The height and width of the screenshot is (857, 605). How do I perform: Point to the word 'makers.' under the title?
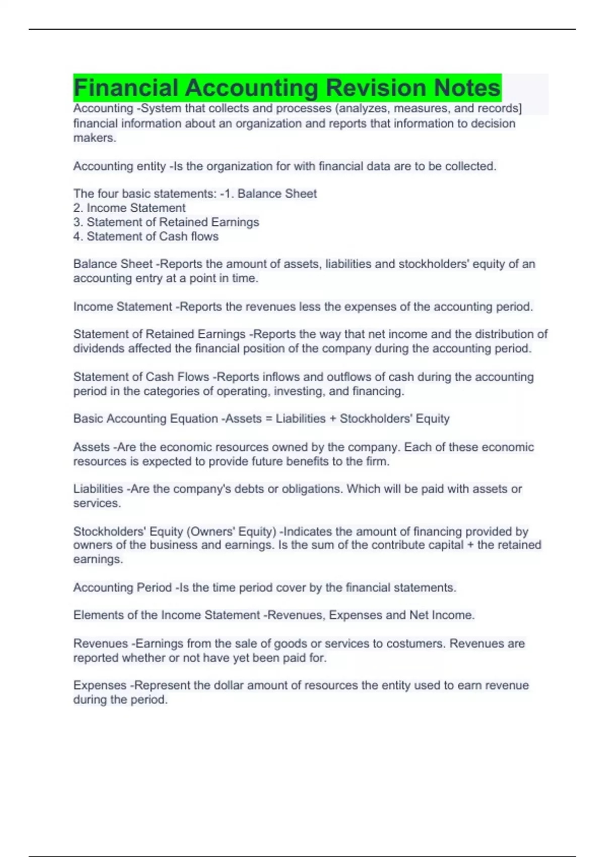(x=95, y=138)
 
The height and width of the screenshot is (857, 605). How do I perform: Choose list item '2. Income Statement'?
(x=130, y=208)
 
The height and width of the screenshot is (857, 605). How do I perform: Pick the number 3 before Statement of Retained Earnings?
(x=77, y=222)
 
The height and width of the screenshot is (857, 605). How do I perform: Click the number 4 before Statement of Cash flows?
(x=77, y=236)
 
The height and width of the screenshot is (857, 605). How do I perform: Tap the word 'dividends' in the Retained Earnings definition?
(x=99, y=348)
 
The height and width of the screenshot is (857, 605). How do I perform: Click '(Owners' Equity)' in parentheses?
(x=231, y=531)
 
